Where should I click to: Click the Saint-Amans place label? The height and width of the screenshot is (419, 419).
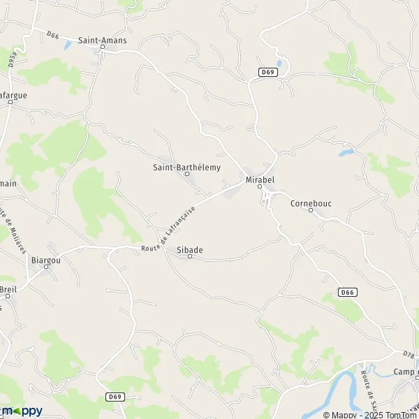coord(102,41)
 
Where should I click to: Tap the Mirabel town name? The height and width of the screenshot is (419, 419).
coord(258,179)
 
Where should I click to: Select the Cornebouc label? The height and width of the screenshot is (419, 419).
coord(311,203)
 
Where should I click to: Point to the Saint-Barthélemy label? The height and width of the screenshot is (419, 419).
coord(186,167)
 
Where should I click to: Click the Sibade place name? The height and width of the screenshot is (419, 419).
coord(189,249)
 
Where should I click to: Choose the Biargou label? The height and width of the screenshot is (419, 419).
coord(46,260)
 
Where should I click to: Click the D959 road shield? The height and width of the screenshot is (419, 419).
coord(12,61)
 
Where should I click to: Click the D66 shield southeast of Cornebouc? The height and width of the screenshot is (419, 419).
coord(347,292)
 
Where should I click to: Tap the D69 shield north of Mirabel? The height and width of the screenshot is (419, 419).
coord(266,72)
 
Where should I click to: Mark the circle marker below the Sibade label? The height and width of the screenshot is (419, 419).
coord(189,257)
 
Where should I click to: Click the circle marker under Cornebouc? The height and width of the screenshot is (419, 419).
coord(311,210)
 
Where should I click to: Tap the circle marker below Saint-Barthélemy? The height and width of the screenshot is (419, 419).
coord(186,174)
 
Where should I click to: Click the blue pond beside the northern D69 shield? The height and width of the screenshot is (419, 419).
coord(279,64)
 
